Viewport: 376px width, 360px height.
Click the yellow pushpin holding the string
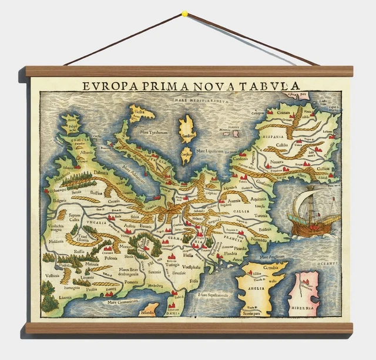[x=184, y=12]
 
